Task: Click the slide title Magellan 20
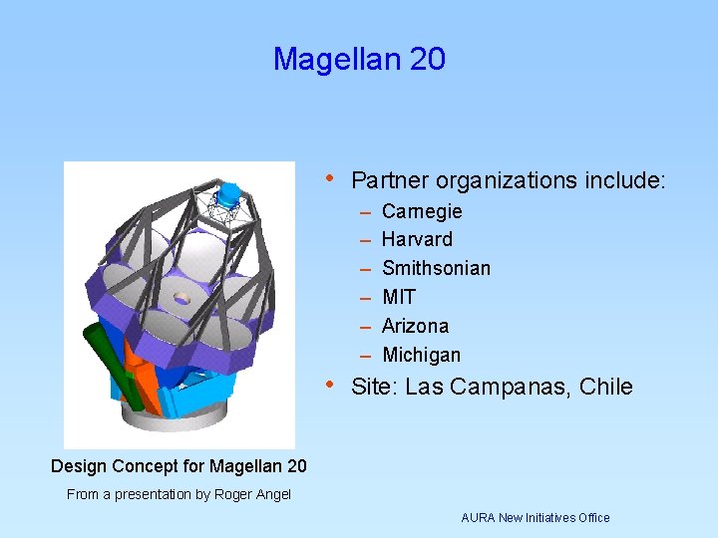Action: [x=359, y=60]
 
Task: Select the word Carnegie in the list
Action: [x=422, y=211]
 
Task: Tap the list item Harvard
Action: [x=417, y=240]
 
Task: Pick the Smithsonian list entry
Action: [x=436, y=269]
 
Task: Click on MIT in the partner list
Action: [x=399, y=298]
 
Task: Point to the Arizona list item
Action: [x=415, y=326]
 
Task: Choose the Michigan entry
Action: [x=421, y=355]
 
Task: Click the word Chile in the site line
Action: [x=605, y=387]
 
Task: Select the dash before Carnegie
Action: [x=365, y=212]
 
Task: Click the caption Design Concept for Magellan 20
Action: [x=179, y=465]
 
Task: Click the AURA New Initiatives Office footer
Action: [x=535, y=517]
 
